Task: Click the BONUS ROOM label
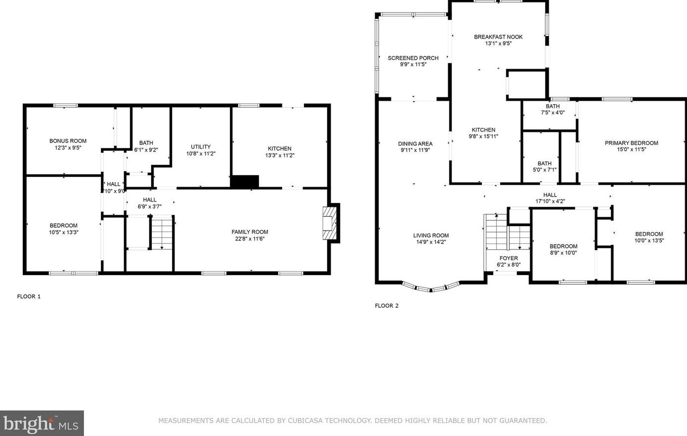pos(68,141)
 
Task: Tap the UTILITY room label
pos(201,147)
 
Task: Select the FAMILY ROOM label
pos(250,232)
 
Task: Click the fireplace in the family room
pos(330,223)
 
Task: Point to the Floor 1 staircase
pos(162,232)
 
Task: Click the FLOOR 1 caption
pos(29,296)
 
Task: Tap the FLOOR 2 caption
pos(386,306)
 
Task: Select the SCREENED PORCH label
pos(413,58)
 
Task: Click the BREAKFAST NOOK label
pos(498,37)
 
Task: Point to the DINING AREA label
pos(415,144)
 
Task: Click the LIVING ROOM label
pos(431,236)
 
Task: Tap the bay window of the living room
pos(430,288)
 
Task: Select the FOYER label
pos(509,258)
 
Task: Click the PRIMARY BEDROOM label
pos(632,143)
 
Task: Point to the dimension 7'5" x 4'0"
pos(553,113)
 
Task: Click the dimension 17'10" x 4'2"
pos(550,201)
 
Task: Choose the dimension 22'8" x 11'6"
pos(250,238)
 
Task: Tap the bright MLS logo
pos(42,424)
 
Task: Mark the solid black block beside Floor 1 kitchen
pos(245,181)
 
